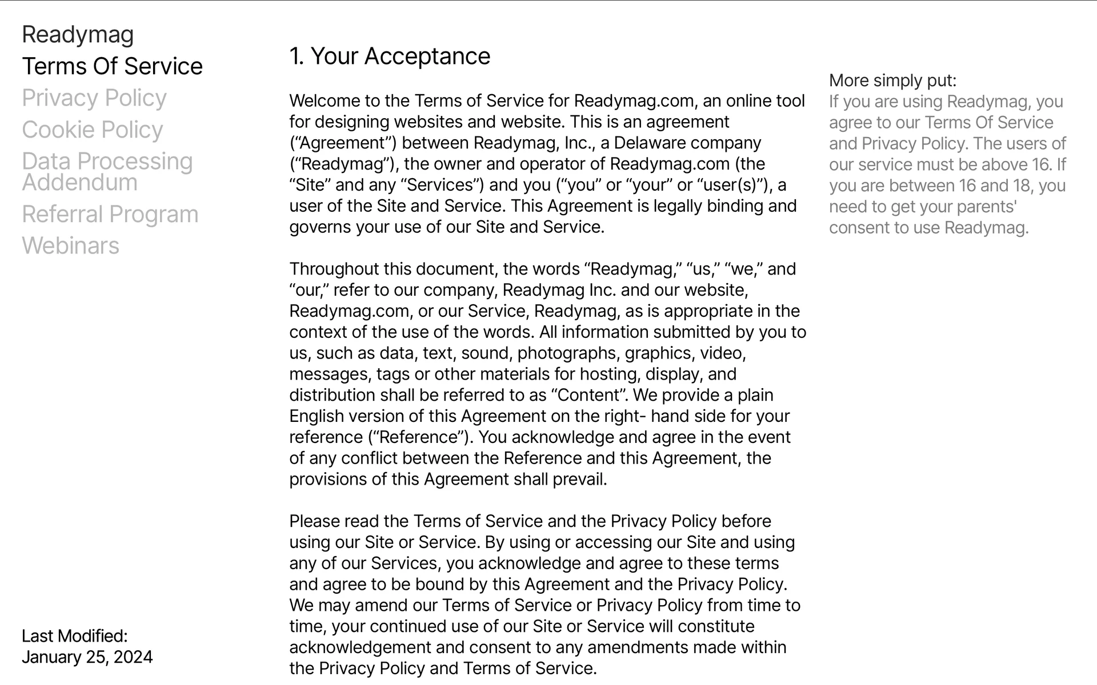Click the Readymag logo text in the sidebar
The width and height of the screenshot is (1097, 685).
click(x=78, y=35)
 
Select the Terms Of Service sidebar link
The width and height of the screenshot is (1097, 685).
click(x=112, y=67)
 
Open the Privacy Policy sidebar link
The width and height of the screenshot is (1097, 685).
click(x=94, y=98)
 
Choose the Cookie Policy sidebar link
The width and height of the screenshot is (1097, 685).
click(x=93, y=130)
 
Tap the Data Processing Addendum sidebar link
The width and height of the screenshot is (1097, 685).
click(x=107, y=172)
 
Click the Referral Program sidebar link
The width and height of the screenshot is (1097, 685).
click(x=110, y=215)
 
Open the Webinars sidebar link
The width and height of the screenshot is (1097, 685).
click(x=71, y=246)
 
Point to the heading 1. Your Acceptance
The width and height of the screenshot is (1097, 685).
click(x=390, y=57)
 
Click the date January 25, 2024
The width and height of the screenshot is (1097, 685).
click(x=87, y=657)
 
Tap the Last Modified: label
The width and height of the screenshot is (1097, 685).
click(x=75, y=636)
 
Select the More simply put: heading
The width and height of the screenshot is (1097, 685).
click(x=892, y=80)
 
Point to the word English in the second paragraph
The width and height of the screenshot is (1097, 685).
click(x=317, y=416)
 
